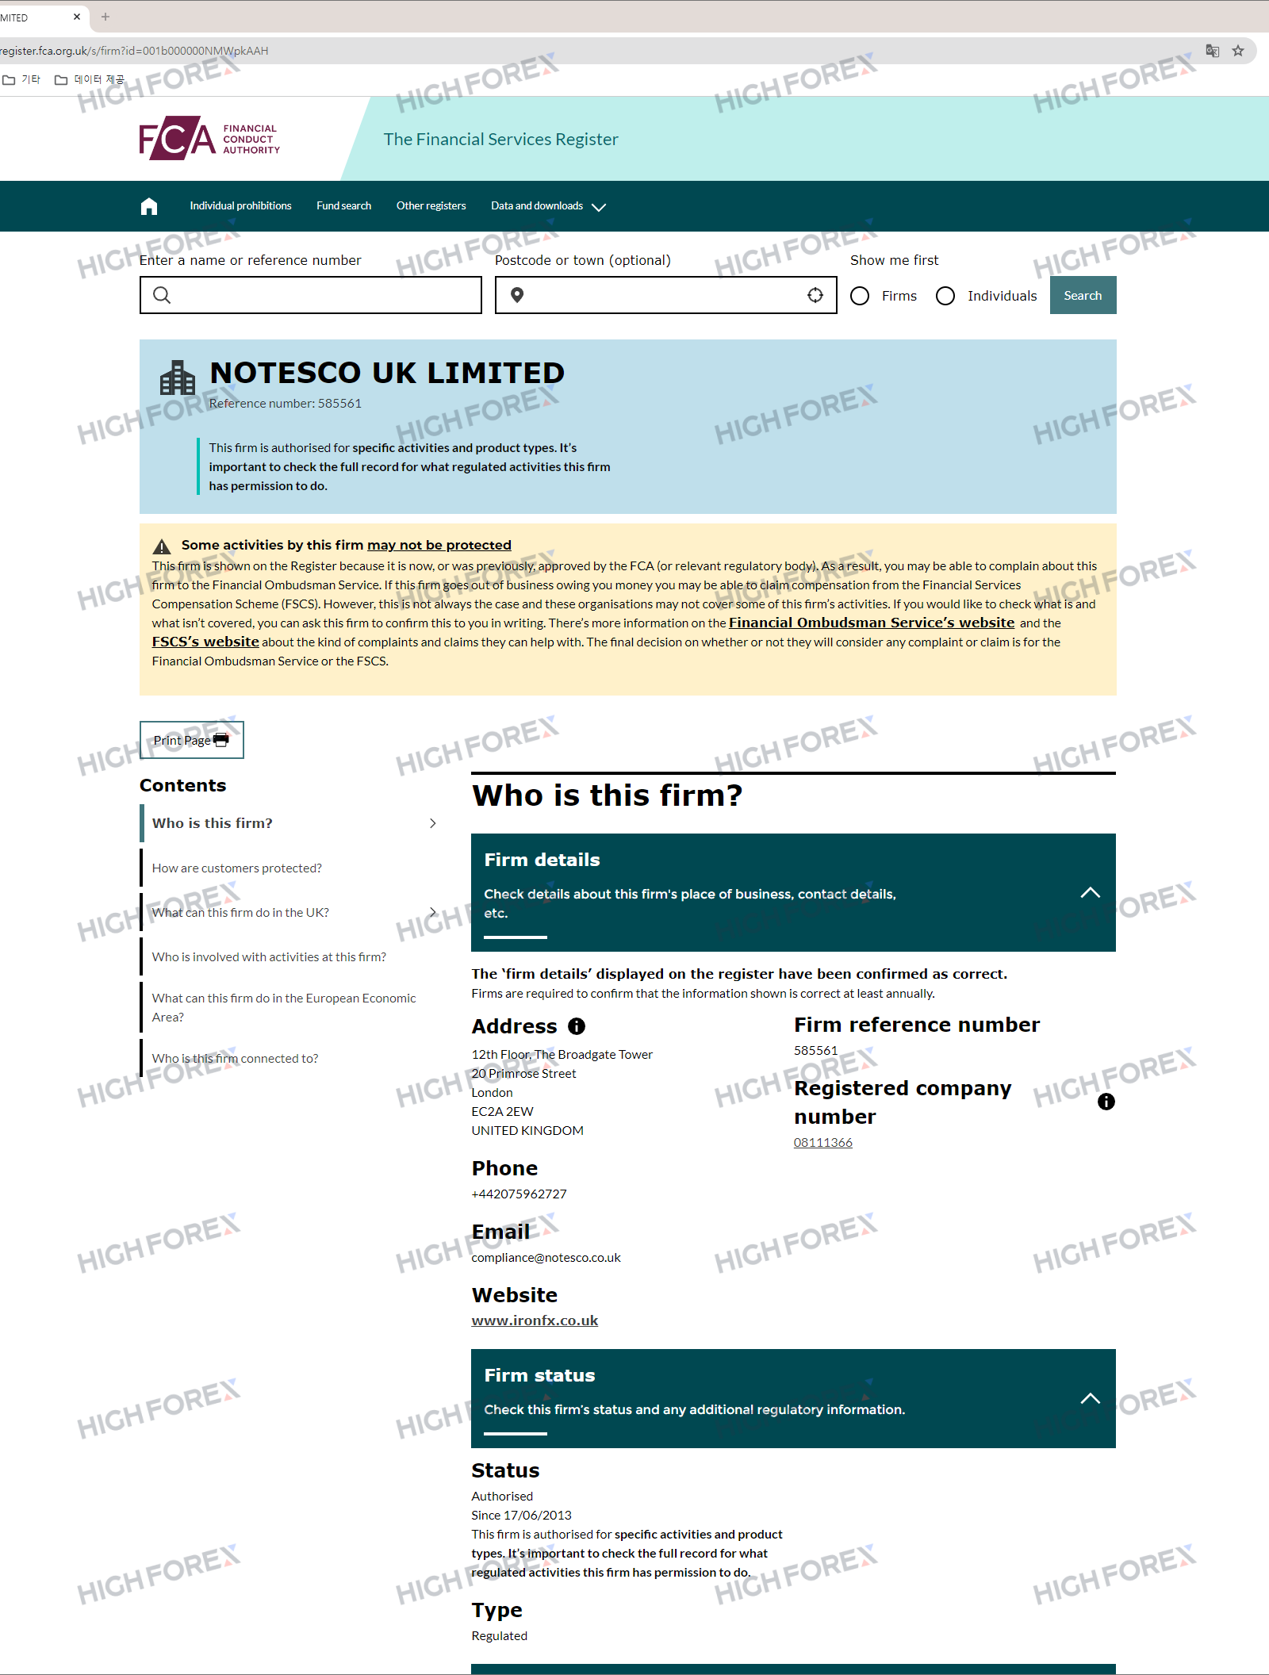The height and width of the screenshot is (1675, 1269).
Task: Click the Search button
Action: pos(1083,295)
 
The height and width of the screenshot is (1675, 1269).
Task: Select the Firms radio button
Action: pos(860,296)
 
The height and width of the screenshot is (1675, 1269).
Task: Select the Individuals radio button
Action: pos(945,296)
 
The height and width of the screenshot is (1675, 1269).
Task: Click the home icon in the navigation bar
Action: pos(149,206)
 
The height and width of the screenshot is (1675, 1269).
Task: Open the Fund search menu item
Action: pos(343,206)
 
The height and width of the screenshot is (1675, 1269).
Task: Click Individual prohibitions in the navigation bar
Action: pos(240,206)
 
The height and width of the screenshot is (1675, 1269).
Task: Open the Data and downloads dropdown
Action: pos(547,206)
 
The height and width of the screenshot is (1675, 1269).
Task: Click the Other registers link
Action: pos(431,206)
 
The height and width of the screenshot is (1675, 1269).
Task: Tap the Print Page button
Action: pos(191,740)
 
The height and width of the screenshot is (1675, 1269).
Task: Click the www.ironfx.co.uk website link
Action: pos(535,1320)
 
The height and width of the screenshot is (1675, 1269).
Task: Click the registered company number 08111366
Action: pos(822,1143)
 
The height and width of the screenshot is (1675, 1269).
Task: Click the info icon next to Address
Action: pos(577,1026)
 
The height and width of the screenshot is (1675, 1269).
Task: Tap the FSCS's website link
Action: pos(205,642)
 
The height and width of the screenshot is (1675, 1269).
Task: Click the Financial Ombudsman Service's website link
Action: pos(871,623)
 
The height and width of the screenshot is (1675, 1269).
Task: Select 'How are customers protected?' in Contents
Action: pos(237,868)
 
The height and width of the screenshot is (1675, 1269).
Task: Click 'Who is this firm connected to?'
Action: pos(236,1059)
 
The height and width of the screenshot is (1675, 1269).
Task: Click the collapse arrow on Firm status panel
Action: pos(1090,1398)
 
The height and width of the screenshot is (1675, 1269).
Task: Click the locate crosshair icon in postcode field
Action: pos(815,295)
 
